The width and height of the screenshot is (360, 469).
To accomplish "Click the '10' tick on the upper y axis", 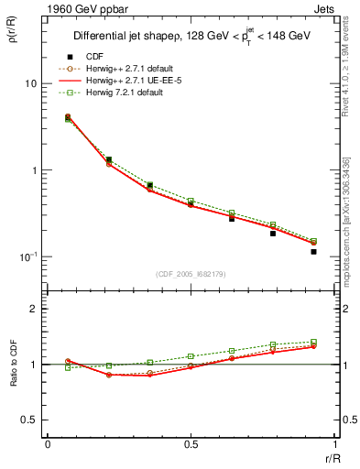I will pyautogui.click(x=30, y=83).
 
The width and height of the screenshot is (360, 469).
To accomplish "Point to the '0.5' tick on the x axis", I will pyautogui.click(x=191, y=444).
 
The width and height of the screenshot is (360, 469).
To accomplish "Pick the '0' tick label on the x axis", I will pyautogui.click(x=48, y=444).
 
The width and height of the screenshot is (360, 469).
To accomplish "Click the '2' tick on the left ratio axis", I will pyautogui.click(x=36, y=309).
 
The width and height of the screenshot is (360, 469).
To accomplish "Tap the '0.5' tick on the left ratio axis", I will pyautogui.click(x=31, y=420).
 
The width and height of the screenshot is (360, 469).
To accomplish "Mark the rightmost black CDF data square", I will pyautogui.click(x=313, y=251).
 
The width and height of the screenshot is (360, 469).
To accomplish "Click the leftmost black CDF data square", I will pyautogui.click(x=68, y=117).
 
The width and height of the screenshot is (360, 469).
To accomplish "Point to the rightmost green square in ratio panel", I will pyautogui.click(x=313, y=342).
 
